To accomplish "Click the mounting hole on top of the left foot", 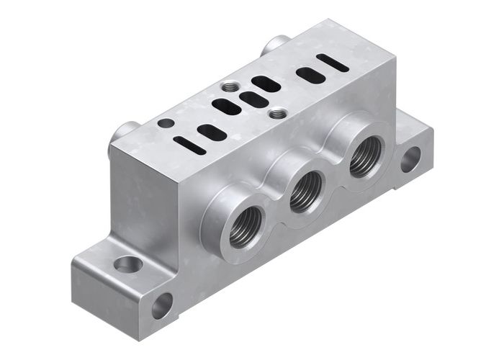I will click(x=129, y=264).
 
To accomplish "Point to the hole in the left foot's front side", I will click(x=162, y=306).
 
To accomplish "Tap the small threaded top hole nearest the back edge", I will click(x=229, y=87).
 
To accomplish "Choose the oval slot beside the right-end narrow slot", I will click(x=309, y=74).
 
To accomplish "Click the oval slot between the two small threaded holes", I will click(x=253, y=99).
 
